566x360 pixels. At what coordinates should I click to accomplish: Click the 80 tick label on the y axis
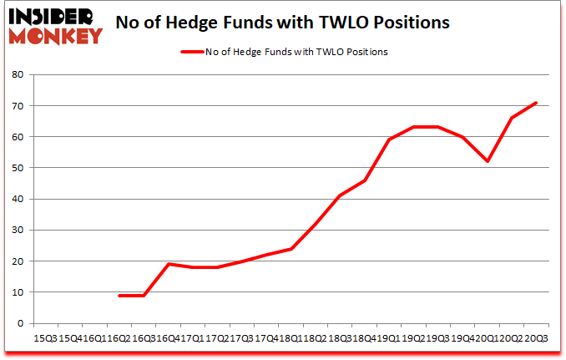pyautogui.click(x=18, y=75)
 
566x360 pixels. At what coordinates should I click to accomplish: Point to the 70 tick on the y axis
pyautogui.click(x=18, y=106)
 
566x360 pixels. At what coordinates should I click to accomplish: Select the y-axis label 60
pyautogui.click(x=18, y=137)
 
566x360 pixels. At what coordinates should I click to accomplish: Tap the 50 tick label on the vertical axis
pyautogui.click(x=18, y=168)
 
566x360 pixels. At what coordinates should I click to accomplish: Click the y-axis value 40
pyautogui.click(x=18, y=199)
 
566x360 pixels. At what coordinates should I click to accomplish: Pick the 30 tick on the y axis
pyautogui.click(x=18, y=230)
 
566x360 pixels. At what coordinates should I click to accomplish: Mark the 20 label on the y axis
pyautogui.click(x=18, y=261)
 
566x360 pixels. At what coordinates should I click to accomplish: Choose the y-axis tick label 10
pyautogui.click(x=18, y=292)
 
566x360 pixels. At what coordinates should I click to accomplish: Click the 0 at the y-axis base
pyautogui.click(x=21, y=323)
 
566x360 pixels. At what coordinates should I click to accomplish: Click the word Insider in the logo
pyautogui.click(x=53, y=15)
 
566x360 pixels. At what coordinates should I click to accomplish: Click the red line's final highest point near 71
pyautogui.click(x=536, y=103)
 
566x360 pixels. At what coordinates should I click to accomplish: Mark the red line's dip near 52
pyautogui.click(x=487, y=161)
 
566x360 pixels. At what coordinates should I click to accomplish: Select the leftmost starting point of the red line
pyautogui.click(x=119, y=295)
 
